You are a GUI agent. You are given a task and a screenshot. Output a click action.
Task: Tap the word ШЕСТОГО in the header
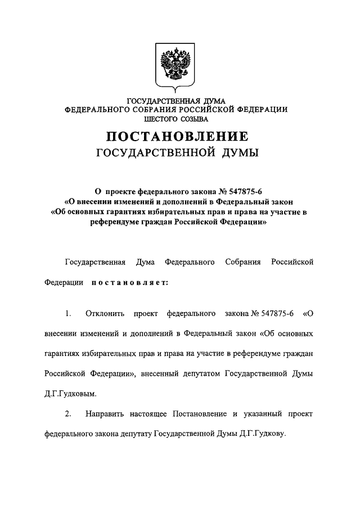[163, 120]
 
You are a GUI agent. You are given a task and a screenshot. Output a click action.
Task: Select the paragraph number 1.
[68, 313]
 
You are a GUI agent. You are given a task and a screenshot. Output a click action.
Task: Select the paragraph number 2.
[68, 413]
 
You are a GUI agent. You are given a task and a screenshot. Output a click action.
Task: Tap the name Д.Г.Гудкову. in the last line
[263, 434]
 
